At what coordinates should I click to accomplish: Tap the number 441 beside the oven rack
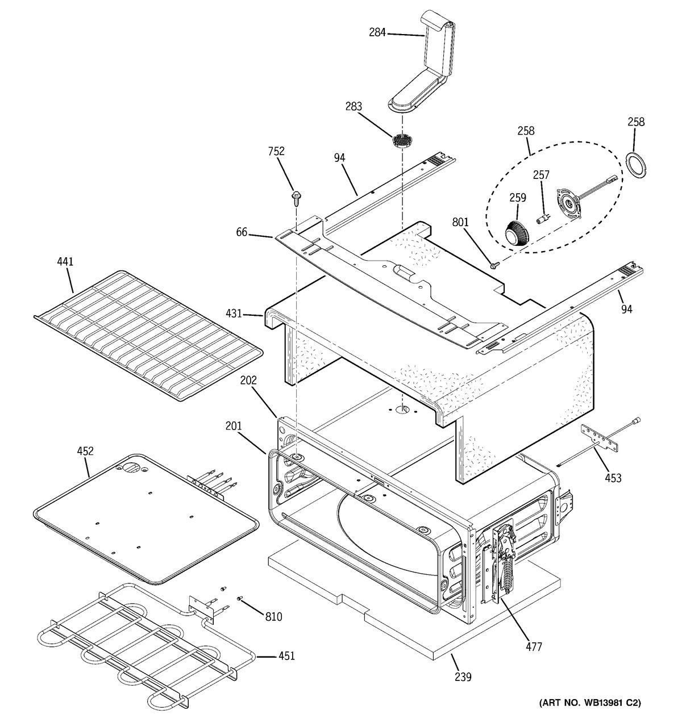click(65, 262)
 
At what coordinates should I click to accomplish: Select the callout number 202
click(248, 381)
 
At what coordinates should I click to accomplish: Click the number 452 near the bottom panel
click(85, 452)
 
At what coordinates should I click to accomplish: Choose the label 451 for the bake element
click(286, 656)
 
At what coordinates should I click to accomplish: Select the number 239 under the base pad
click(463, 676)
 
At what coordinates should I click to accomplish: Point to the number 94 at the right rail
click(627, 309)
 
